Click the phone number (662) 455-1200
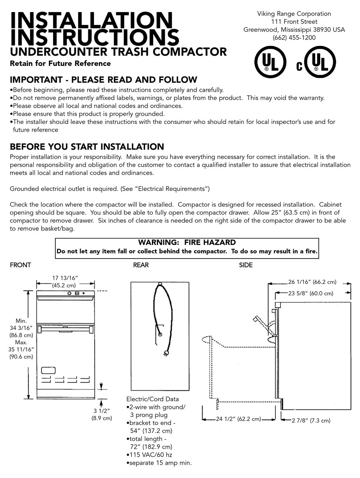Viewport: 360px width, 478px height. tap(294, 38)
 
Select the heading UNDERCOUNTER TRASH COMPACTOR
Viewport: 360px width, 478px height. tap(118, 52)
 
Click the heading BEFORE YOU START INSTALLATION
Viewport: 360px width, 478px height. tap(87, 147)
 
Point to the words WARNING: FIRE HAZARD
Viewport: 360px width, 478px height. tap(187, 243)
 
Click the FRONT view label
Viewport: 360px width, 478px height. tap(20, 265)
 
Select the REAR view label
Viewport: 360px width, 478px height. tap(141, 265)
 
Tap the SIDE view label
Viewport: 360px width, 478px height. tap(246, 265)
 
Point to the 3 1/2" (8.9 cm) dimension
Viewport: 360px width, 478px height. tap(101, 414)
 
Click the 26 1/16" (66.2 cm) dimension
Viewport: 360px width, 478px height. tap(312, 282)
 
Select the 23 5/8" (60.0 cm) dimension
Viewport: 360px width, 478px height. tap(310, 293)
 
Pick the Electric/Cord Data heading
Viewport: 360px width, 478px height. tap(152, 399)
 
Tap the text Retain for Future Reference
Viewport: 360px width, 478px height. tap(60, 64)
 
